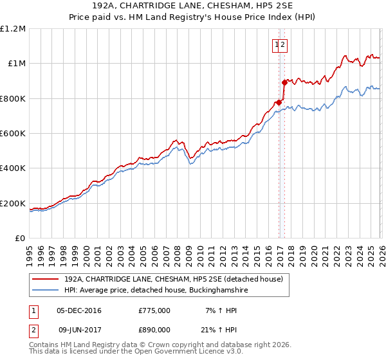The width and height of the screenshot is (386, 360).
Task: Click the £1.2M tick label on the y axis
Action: [13, 29]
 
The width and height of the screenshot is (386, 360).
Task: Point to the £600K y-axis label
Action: [13, 134]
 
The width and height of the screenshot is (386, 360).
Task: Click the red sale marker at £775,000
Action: [279, 102]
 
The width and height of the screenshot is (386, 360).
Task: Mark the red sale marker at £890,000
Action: [284, 82]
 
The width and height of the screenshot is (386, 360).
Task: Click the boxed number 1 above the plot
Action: [277, 44]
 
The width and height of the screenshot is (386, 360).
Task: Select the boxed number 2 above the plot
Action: [283, 44]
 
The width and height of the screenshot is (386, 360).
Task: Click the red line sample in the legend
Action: [46, 279]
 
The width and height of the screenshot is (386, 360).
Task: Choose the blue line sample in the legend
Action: [46, 291]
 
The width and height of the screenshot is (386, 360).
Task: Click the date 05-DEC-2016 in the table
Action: [78, 310]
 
